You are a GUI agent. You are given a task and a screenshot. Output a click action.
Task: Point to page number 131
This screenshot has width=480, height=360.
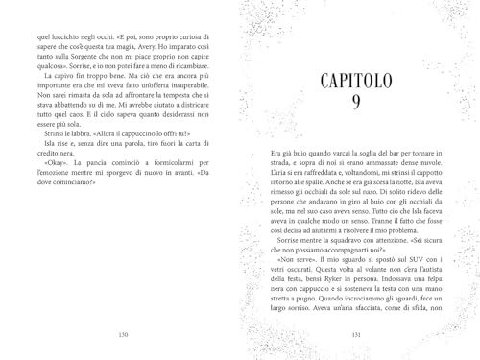point(356,334)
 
